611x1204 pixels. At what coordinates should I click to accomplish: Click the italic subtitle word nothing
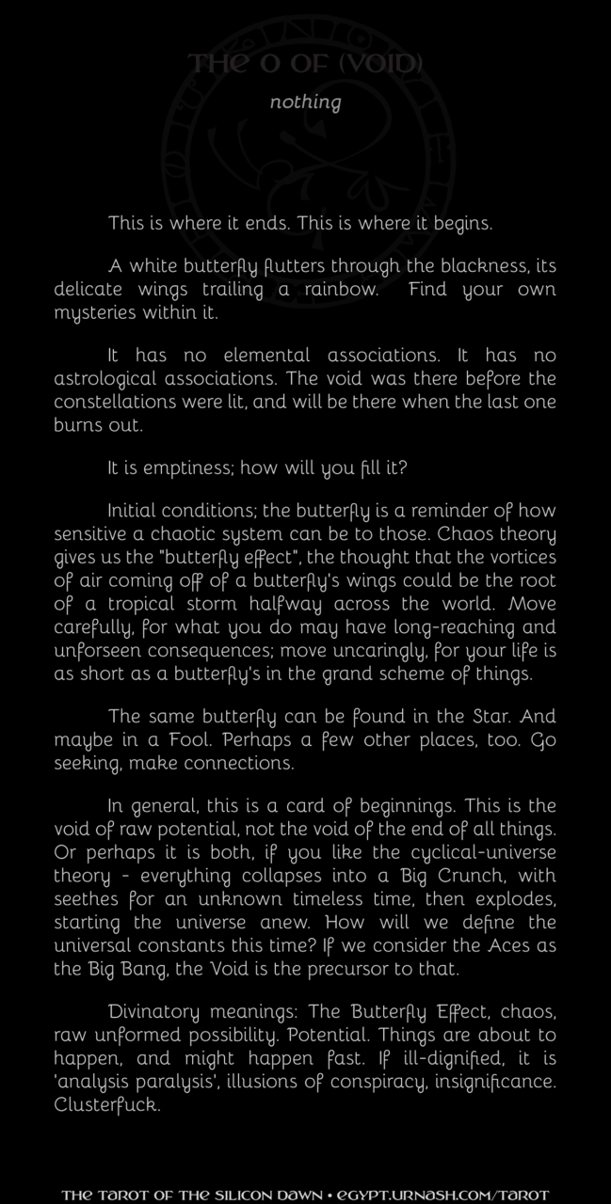tap(305, 102)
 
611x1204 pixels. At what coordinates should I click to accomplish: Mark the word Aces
tap(490, 923)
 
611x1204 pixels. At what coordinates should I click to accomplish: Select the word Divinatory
tap(153, 1013)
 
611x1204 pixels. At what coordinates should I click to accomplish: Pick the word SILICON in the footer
tap(242, 1196)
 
